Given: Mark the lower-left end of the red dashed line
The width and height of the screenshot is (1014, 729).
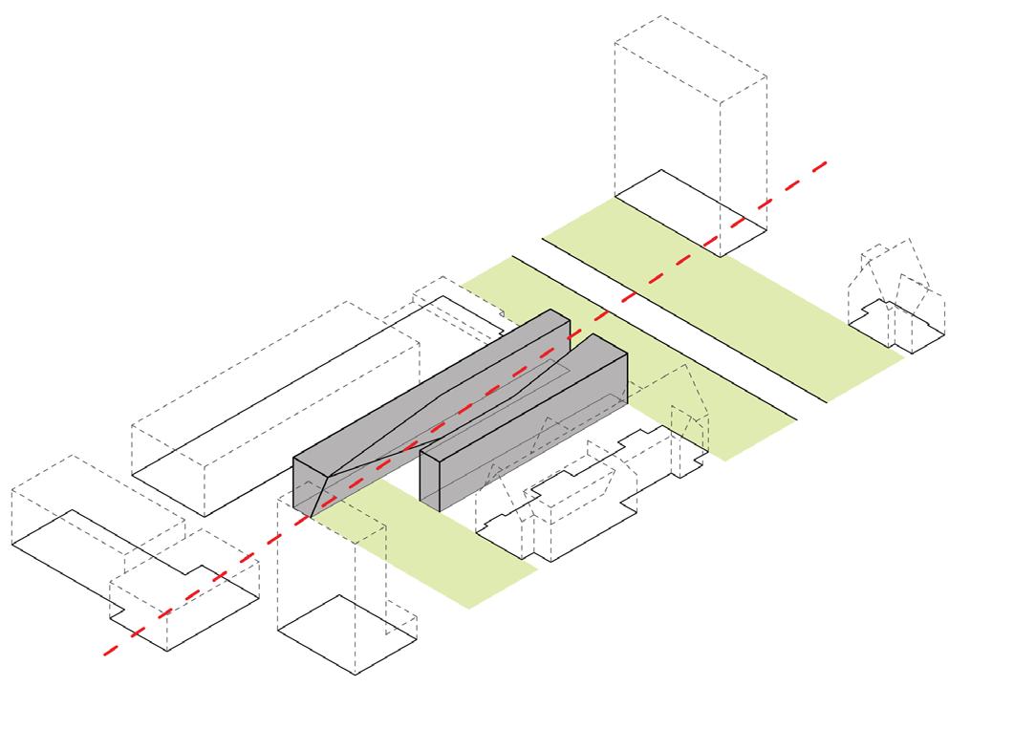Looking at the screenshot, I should pyautogui.click(x=105, y=654).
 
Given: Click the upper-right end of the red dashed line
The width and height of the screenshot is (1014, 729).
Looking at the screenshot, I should pyautogui.click(x=824, y=164).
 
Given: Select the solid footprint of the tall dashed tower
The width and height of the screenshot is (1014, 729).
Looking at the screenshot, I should pyautogui.click(x=690, y=212).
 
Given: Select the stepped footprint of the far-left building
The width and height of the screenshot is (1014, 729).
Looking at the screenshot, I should pyautogui.click(x=134, y=573).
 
